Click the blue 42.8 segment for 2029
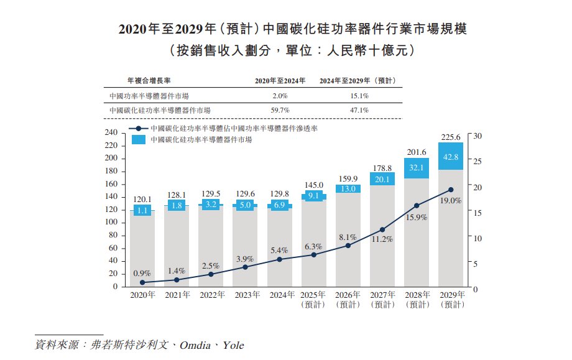[x=451, y=157]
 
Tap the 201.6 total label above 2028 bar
[x=417, y=152]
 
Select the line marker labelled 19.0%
[x=451, y=190]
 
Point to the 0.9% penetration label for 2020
[x=142, y=274]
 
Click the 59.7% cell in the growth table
[x=280, y=109]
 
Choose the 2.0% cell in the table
[x=280, y=96]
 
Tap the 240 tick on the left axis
[x=111, y=132]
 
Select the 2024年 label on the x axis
[x=280, y=295]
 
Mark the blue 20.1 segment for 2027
[x=382, y=179]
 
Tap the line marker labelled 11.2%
[x=382, y=230]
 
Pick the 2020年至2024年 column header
[x=280, y=81]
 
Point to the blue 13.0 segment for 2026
[x=348, y=188]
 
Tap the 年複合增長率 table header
[x=149, y=81]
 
